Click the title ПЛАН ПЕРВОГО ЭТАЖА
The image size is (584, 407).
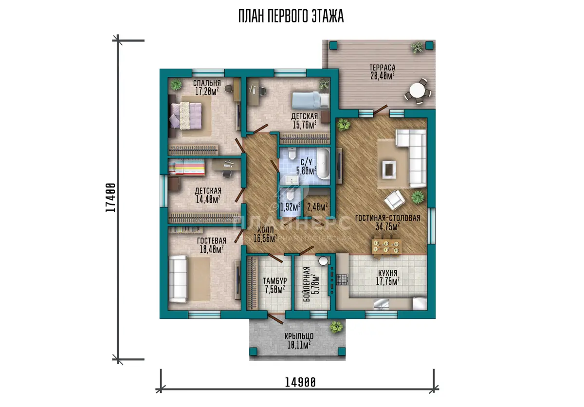pos(291,17)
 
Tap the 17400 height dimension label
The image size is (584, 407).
pos(110,198)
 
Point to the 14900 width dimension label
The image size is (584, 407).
pos(300,383)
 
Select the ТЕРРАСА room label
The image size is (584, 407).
pos(383,68)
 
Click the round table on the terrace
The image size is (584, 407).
pos(418,91)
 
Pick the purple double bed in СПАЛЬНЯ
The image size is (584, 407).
pos(186,115)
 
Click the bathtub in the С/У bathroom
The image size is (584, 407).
pos(323,164)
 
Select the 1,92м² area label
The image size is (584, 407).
pos(290,207)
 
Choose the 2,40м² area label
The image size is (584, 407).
pos(317,207)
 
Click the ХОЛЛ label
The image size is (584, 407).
pos(265,230)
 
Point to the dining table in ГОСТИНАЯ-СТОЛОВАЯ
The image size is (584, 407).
pos(386,246)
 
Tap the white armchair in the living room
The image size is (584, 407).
pos(394,200)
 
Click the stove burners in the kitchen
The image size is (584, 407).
pos(342,279)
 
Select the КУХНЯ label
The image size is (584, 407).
pos(388,273)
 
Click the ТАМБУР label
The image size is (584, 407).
pos(275,281)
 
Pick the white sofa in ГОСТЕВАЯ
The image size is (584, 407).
pos(178,279)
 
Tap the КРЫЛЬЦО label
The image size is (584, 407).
pos(299,336)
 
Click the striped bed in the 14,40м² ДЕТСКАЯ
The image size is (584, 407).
pos(187,167)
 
